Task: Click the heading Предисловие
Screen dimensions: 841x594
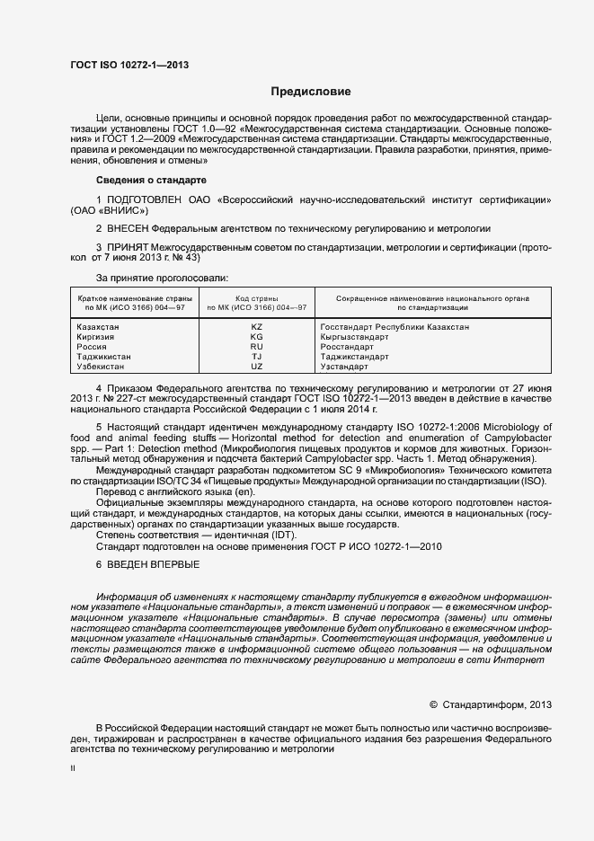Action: click(311, 92)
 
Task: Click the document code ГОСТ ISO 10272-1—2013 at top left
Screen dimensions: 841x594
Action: click(129, 65)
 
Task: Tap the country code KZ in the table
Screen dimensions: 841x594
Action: click(256, 327)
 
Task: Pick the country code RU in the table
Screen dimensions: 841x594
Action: click(256, 347)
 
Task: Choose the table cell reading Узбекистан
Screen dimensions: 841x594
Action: click(101, 367)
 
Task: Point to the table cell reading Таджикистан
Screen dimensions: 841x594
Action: click(104, 357)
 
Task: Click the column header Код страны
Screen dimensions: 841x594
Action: click(256, 297)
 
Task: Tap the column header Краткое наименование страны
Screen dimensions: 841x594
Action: click(130, 297)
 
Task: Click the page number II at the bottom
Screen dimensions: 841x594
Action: click(73, 768)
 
